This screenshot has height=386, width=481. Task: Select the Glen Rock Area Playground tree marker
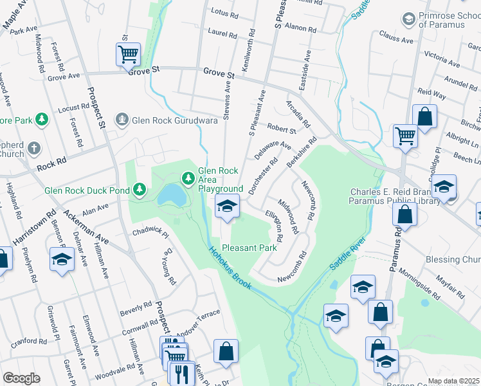188,178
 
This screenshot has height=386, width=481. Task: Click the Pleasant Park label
249,247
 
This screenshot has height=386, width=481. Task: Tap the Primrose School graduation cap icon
408,19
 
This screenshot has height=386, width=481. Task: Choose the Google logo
21,378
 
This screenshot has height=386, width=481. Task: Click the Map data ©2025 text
453,381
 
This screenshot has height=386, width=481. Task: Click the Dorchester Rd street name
264,175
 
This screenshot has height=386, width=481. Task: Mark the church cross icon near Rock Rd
33,149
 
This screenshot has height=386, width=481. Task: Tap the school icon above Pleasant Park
226,207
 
